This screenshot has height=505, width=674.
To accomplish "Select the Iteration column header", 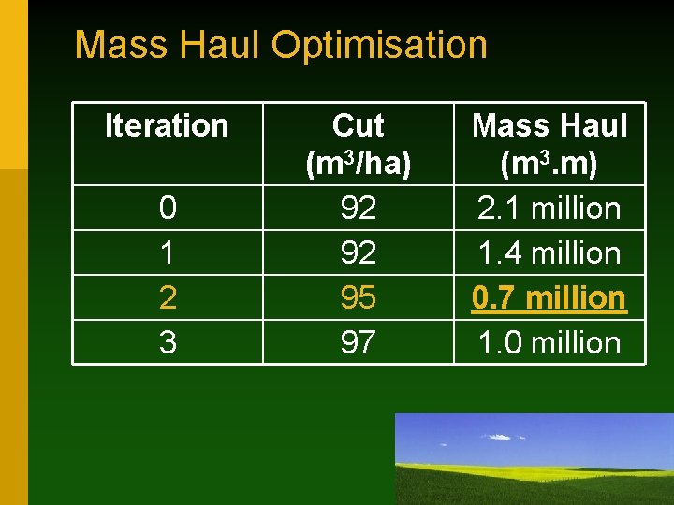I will coord(167,125).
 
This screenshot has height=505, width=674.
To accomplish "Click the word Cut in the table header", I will coord(359,125).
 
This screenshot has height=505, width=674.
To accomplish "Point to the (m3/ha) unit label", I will coord(359,165).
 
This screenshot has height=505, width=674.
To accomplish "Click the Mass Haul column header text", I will coord(549,125).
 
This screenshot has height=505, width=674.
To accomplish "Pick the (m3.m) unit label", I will coord(549,165).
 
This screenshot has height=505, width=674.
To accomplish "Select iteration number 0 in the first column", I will coord(168,208).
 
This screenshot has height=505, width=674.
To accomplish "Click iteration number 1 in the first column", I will coord(168,252).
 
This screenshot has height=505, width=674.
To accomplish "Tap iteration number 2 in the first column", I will coord(168,297).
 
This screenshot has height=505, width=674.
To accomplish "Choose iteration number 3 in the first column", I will coord(168,342).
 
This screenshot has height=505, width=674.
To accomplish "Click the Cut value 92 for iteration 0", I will coord(359,208).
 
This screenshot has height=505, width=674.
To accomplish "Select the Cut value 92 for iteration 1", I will coord(359,252).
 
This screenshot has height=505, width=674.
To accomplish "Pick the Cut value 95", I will coord(359,297).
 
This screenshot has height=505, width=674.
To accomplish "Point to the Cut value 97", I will coord(359,342).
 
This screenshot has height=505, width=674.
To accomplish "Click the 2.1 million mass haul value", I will coord(549,208).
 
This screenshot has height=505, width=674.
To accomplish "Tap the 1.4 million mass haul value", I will coord(549,252).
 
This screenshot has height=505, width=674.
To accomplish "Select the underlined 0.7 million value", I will coord(549,297).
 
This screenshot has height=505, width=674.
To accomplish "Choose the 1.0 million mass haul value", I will coord(549,342).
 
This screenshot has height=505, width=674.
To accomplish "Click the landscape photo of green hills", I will coord(534,459).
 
